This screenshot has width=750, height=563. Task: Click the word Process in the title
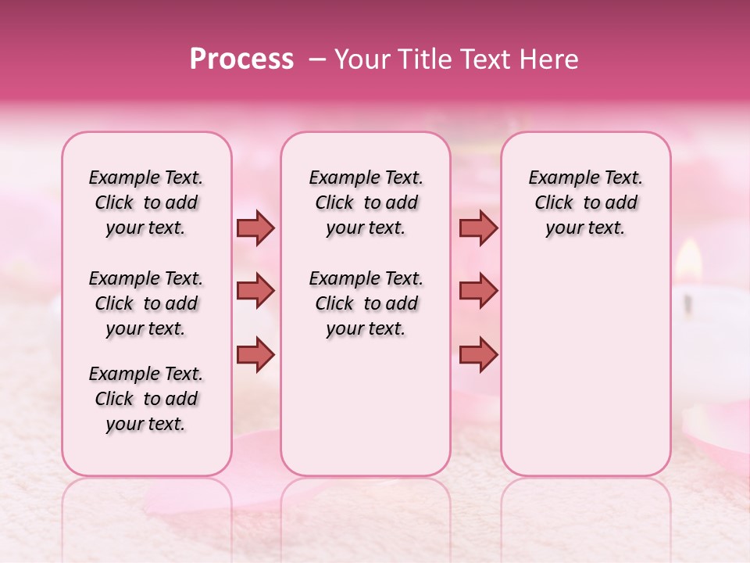(x=241, y=59)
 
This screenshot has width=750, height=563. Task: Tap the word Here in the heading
(x=547, y=59)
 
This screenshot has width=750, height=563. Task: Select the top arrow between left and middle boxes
(x=255, y=228)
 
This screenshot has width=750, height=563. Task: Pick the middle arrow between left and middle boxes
(x=255, y=292)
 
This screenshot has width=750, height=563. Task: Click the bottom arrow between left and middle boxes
(x=255, y=354)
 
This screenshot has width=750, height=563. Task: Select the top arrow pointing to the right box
(x=478, y=228)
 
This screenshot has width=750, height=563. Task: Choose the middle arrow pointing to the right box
(x=478, y=292)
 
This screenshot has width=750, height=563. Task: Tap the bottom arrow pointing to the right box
(x=478, y=354)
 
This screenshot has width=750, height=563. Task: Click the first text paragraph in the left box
(x=146, y=203)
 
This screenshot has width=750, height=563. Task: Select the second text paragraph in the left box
(x=146, y=303)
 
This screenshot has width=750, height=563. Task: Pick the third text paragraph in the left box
(x=146, y=399)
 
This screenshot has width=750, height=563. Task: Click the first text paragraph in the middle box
(x=366, y=203)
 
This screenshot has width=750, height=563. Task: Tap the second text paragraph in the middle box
(x=366, y=303)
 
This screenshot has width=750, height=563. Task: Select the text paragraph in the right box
(x=585, y=203)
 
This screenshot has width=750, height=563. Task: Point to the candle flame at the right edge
(x=688, y=259)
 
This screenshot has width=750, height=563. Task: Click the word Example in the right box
(x=557, y=178)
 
